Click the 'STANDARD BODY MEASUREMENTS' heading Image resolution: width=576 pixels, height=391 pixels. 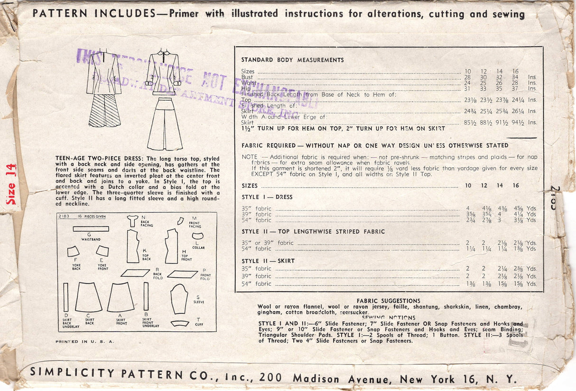point(292,60)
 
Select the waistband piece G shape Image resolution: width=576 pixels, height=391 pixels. point(91,229)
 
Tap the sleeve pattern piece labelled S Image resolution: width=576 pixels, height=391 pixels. point(179,299)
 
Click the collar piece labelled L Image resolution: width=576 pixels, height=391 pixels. point(197,236)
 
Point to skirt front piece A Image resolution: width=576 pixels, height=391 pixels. point(121,297)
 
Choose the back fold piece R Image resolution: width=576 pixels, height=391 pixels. point(135,273)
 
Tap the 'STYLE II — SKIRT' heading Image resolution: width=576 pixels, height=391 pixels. point(268,261)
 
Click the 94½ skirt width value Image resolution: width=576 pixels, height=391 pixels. point(518,123)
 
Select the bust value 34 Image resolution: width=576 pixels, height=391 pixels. point(516,77)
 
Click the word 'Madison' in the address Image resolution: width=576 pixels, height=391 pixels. point(316,379)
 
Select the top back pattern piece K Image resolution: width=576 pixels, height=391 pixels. point(132,246)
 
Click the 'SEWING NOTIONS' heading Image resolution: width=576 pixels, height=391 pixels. point(388,318)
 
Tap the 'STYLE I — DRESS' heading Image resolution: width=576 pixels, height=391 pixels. point(267,197)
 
